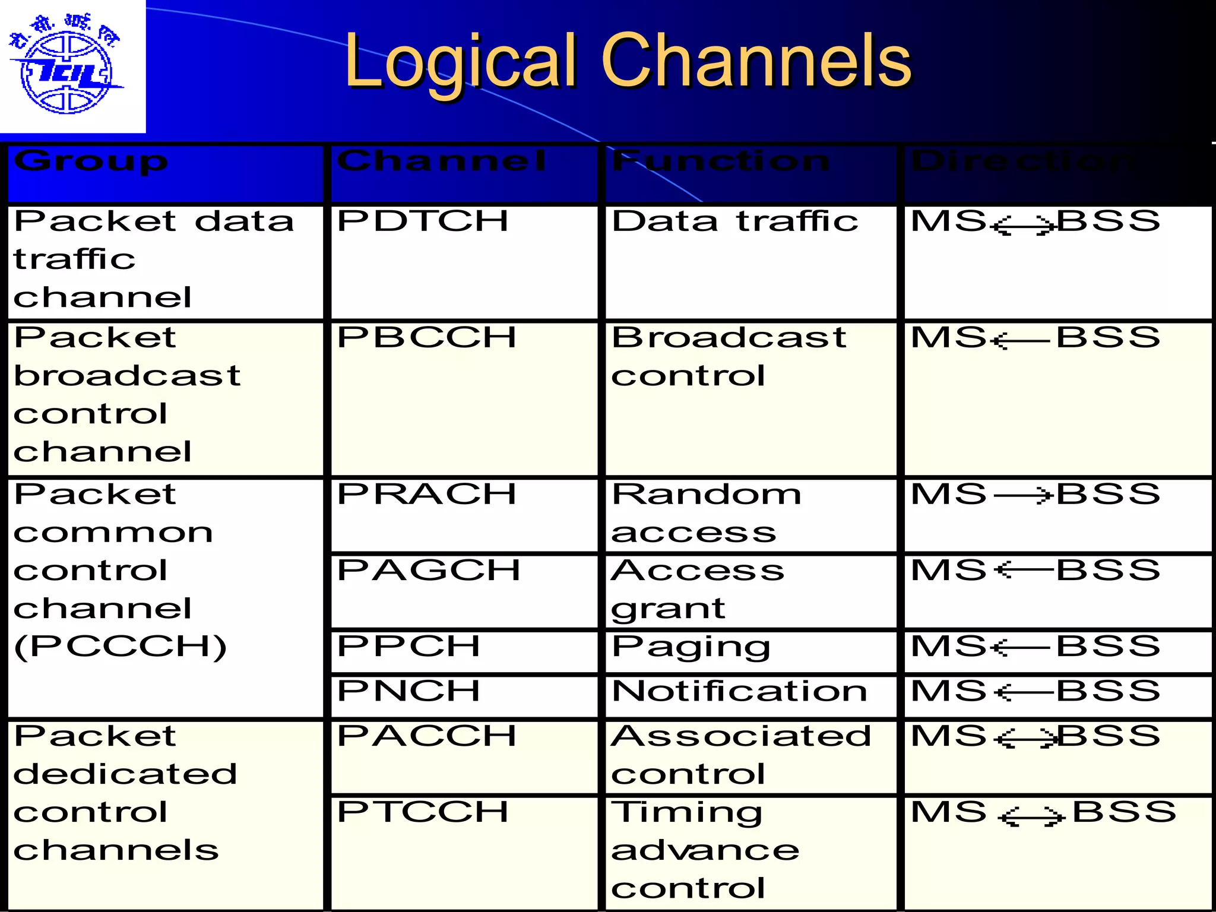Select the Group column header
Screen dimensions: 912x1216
[x=91, y=161]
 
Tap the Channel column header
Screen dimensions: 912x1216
[x=441, y=161]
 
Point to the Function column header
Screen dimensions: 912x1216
[x=721, y=161]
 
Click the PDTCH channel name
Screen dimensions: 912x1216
[x=423, y=221]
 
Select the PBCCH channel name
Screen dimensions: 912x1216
[x=426, y=338]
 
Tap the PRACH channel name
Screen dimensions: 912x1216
[x=426, y=495]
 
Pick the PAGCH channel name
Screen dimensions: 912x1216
[x=429, y=571]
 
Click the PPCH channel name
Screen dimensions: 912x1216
[x=408, y=647]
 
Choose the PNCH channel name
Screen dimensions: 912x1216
[x=408, y=691]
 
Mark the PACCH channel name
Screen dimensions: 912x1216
[x=426, y=736]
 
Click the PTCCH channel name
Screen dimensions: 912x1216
[x=423, y=812]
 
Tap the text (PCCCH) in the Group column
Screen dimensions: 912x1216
[x=121, y=647]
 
